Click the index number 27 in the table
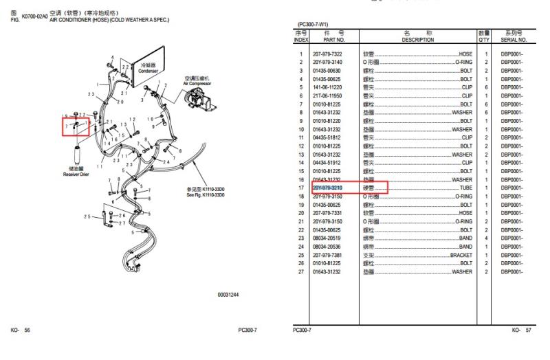pos(301,272)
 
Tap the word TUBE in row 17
pos(465,188)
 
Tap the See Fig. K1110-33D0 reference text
pos(206,195)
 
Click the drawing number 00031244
pos(228,295)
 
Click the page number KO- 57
pos(521,330)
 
